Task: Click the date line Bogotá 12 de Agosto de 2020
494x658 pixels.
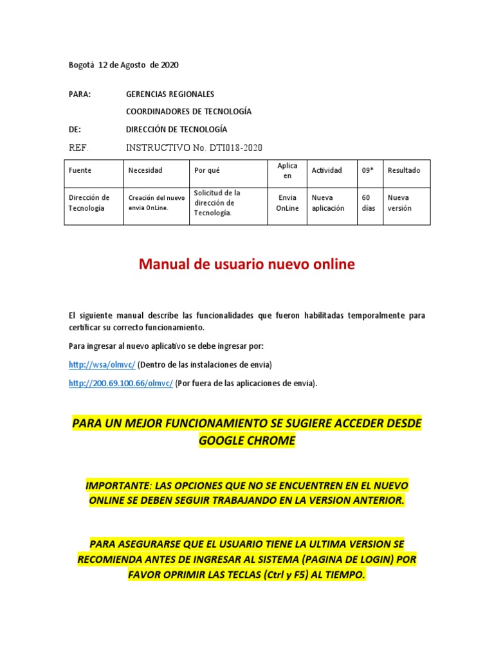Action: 123,65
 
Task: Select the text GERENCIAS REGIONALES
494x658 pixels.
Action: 170,94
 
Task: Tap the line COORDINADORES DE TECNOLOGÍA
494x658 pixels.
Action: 188,112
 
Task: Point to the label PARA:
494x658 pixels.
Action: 80,94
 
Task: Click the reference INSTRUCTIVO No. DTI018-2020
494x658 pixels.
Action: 194,147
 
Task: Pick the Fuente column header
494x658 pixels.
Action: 80,170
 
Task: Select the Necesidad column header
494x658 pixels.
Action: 145,170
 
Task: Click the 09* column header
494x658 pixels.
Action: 367,170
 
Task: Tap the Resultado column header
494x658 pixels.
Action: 404,170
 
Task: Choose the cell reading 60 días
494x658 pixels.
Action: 369,203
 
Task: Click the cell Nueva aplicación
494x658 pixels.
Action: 328,203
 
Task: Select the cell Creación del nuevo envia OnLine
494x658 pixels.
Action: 157,203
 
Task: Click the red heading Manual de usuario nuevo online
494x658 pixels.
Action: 247,265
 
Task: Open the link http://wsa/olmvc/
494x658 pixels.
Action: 102,365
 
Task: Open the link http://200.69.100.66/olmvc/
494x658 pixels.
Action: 121,384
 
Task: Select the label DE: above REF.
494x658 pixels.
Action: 75,129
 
